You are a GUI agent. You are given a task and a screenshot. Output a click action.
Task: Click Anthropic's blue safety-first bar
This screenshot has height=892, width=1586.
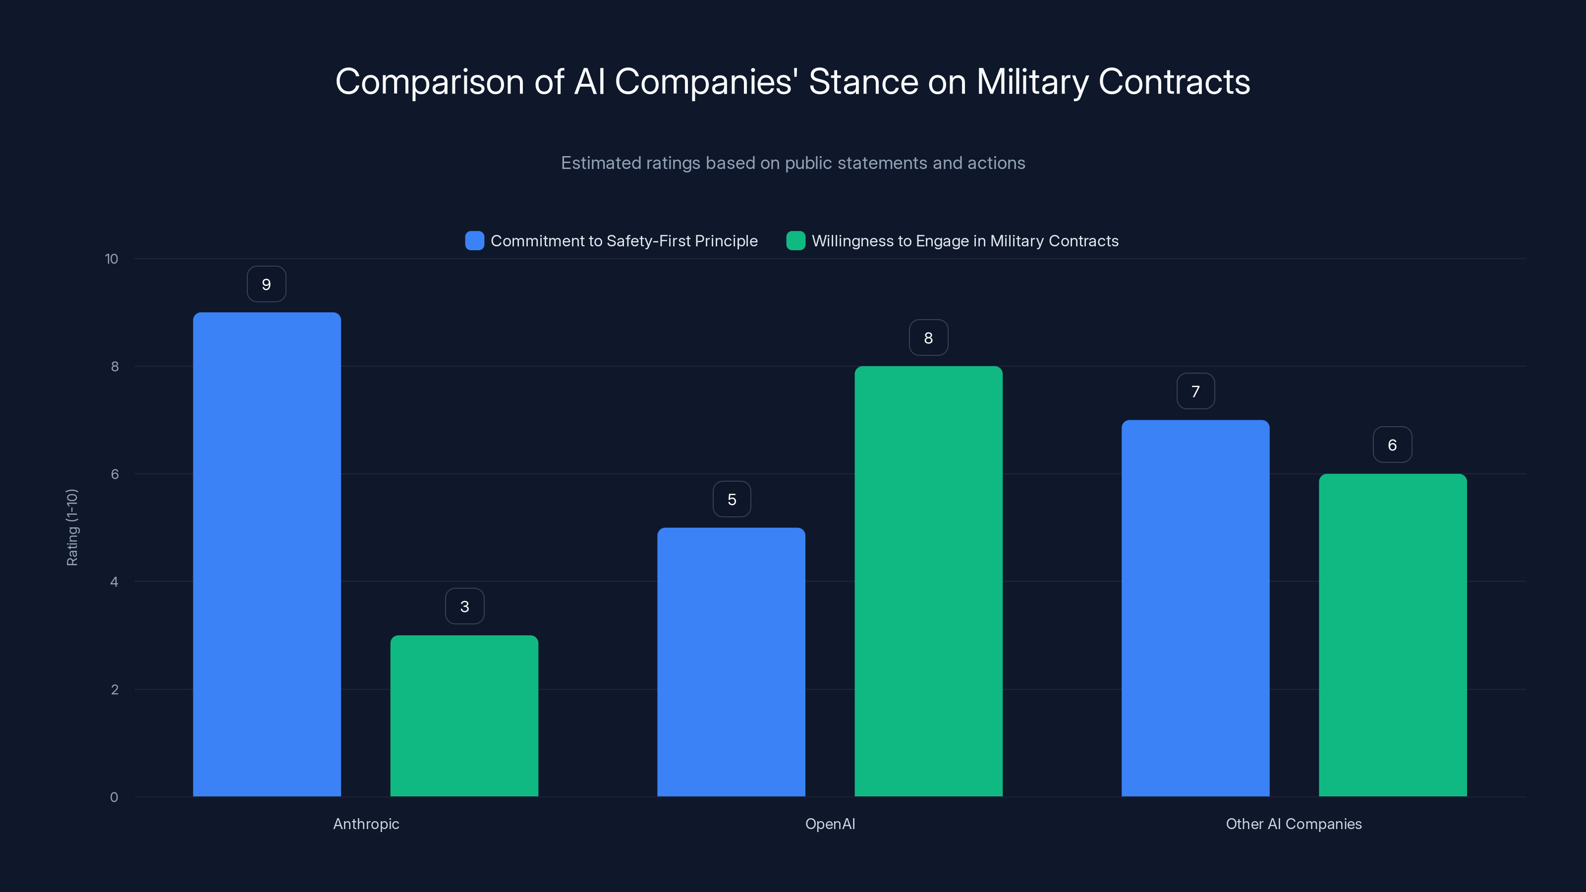267,554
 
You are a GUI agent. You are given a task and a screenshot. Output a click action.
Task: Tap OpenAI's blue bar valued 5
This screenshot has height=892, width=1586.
731,662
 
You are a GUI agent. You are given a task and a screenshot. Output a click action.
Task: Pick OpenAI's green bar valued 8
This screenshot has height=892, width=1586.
928,581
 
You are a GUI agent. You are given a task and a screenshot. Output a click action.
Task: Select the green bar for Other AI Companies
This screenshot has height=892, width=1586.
1393,635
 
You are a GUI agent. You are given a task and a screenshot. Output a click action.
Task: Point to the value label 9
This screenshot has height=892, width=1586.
267,284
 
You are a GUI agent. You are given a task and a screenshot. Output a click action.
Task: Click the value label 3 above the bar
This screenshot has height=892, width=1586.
465,607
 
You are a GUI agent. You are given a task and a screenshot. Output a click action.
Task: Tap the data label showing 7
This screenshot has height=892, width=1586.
1195,391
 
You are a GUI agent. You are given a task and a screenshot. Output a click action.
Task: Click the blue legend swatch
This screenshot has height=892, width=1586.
475,241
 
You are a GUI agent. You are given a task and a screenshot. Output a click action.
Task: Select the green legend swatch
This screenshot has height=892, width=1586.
795,241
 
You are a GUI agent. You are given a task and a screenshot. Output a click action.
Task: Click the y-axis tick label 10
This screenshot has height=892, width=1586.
112,259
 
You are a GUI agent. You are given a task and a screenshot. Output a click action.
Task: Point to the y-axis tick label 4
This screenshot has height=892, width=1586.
114,582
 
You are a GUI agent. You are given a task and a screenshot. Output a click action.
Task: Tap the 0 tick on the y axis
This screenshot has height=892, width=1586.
114,797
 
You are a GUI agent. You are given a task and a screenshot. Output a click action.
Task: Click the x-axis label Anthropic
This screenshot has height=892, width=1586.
366,824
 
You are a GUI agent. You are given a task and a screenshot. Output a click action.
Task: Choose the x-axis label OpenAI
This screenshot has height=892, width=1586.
830,824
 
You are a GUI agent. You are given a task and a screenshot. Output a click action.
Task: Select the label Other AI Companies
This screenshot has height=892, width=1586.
1294,824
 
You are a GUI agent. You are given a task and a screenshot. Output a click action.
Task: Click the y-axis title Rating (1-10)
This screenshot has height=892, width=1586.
72,528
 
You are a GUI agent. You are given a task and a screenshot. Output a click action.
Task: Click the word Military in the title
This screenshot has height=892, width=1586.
1032,82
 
